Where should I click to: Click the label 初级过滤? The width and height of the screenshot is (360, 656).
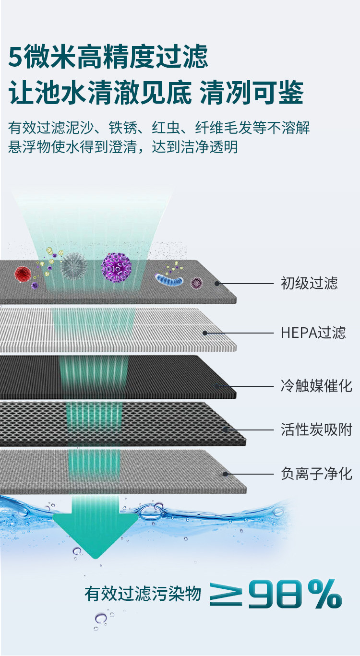point(309,283)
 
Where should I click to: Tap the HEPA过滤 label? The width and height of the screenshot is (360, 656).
point(313,333)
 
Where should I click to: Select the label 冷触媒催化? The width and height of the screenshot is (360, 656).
point(316,385)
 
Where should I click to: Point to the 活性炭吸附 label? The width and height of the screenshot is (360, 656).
point(316,429)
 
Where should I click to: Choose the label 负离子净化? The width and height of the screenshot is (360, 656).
point(316,474)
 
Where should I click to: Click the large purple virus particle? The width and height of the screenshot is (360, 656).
point(116,267)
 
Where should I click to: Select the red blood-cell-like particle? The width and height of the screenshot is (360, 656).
point(23,274)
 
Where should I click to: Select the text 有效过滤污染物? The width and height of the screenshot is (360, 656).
point(143,595)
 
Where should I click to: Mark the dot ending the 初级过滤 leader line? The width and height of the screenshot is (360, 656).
point(217,283)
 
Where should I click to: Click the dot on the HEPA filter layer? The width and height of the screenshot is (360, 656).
point(205,333)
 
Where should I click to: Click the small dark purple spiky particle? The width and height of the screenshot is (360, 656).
point(196,282)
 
